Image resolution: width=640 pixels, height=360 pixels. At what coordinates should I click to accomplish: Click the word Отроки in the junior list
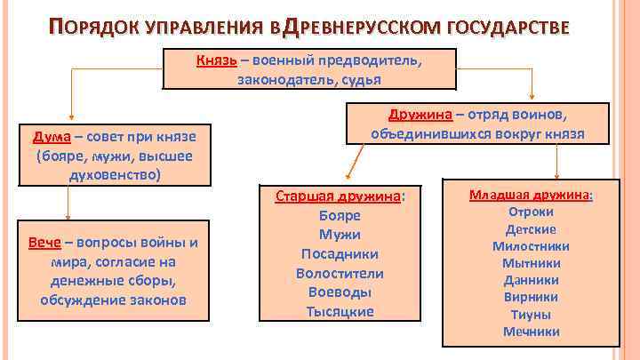pos(531,212)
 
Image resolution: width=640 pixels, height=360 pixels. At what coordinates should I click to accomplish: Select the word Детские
pos(531,229)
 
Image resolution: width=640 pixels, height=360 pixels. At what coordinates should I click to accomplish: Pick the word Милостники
pos(531,246)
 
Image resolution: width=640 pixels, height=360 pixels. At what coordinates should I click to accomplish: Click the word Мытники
pos(531,263)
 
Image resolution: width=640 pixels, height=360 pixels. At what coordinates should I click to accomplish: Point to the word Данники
pos(531,280)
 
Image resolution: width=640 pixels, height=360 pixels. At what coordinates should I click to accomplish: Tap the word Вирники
pos(531,297)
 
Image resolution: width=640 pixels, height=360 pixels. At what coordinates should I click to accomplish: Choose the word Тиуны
pos(531,314)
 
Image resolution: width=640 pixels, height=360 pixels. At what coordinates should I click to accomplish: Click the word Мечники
pos(531,332)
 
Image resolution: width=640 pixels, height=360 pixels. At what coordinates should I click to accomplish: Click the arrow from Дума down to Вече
pos(68,204)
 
